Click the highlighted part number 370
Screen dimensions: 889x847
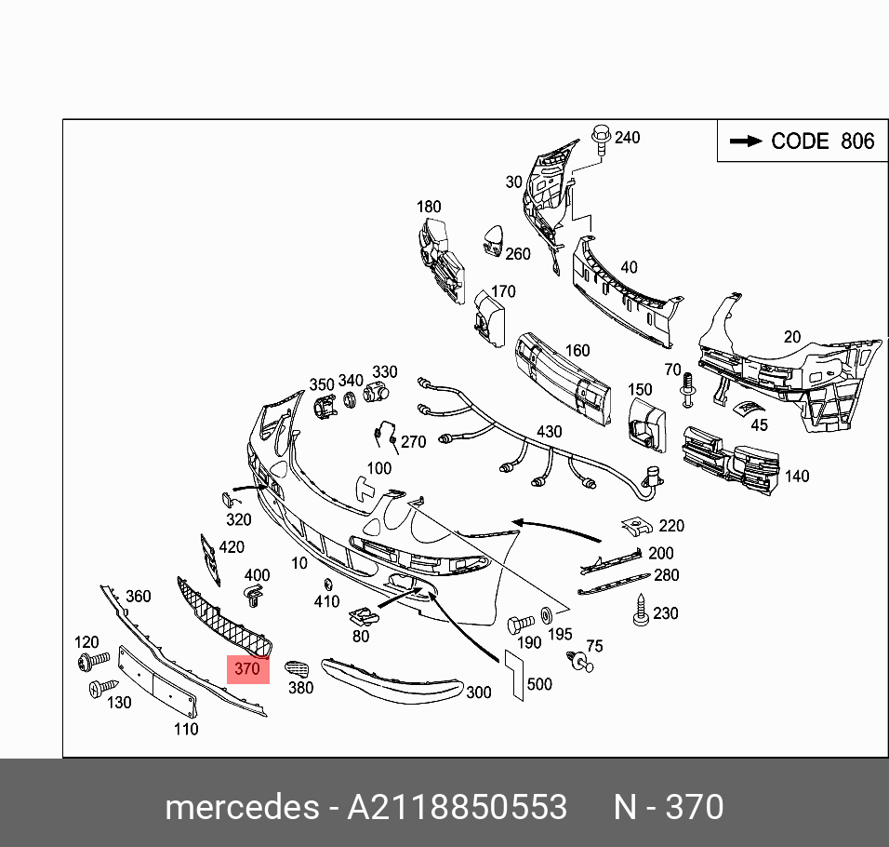click(x=247, y=668)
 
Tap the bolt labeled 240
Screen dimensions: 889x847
click(x=601, y=140)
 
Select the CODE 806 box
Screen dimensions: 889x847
click(x=802, y=141)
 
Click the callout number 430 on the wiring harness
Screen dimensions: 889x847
click(x=549, y=433)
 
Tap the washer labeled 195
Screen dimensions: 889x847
click(x=546, y=614)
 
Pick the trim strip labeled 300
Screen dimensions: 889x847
click(x=391, y=677)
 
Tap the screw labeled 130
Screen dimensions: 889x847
click(x=97, y=690)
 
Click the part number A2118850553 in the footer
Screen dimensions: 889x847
click(x=457, y=807)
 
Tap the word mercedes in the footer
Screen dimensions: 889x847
click(x=241, y=807)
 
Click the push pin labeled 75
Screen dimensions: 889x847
click(x=579, y=661)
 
